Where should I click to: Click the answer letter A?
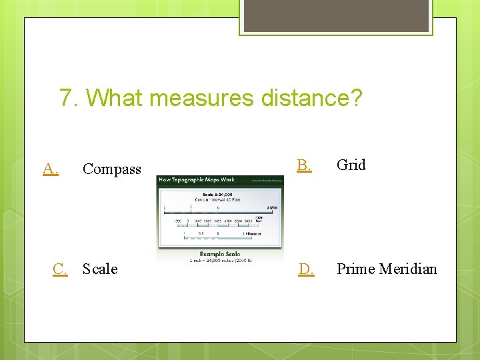pyautogui.click(x=50, y=169)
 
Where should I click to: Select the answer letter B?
pyautogui.click(x=303, y=165)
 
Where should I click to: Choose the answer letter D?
pyautogui.click(x=306, y=269)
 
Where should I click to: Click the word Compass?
pyautogui.click(x=111, y=169)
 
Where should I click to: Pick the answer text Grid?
pyautogui.click(x=351, y=165)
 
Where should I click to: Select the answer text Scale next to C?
pyautogui.click(x=100, y=269)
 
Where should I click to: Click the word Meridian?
pyautogui.click(x=408, y=269)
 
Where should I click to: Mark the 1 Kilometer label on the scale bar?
pyautogui.click(x=251, y=234)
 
